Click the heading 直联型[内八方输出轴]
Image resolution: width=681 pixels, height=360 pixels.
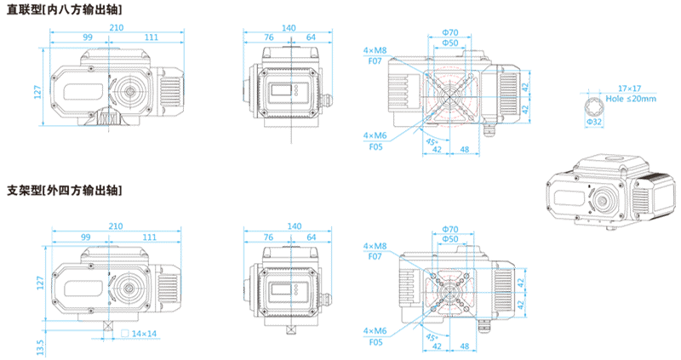click(x=64, y=9)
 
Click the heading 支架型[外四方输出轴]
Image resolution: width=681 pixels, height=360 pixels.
click(x=64, y=190)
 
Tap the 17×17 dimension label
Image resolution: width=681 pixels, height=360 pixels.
click(x=629, y=89)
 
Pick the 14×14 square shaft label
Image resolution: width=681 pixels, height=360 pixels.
click(x=145, y=333)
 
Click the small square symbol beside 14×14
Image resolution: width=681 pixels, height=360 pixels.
click(x=125, y=333)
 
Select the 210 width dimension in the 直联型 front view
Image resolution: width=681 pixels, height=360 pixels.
click(x=117, y=28)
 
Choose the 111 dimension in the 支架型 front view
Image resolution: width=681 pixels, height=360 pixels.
click(x=150, y=237)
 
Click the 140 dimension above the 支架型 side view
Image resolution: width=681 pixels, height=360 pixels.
click(x=294, y=226)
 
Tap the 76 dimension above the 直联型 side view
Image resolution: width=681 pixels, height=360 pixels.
click(x=269, y=37)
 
